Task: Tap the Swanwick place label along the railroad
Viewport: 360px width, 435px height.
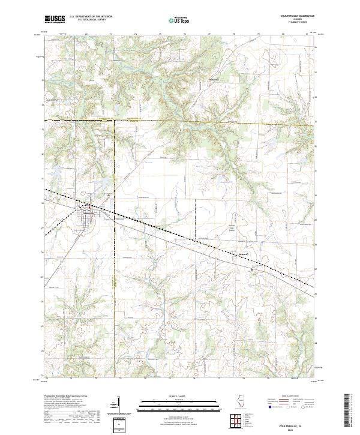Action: pyautogui.click(x=243, y=253)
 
